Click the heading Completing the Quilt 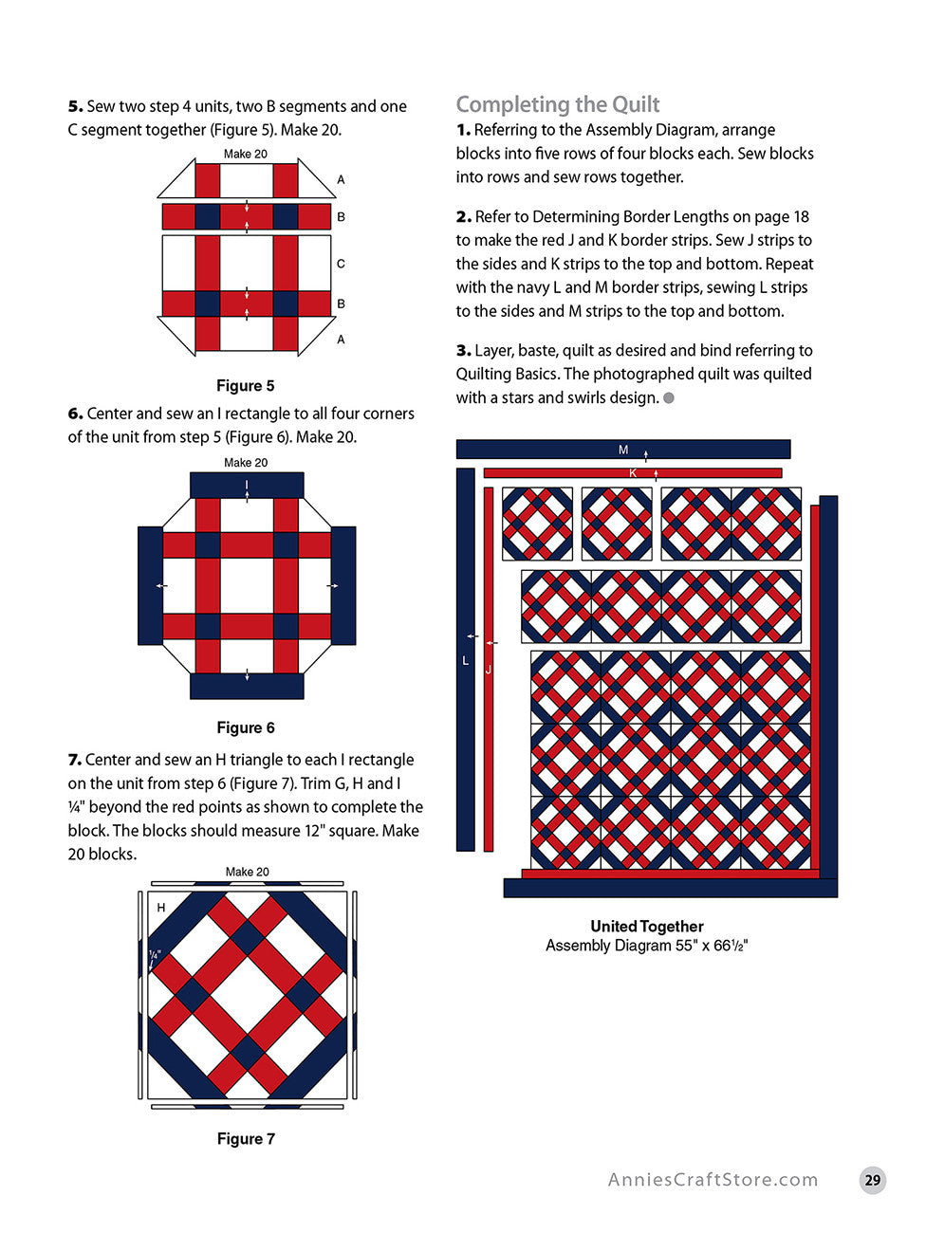pyautogui.click(x=557, y=104)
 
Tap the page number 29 pyautogui.click(x=872, y=1180)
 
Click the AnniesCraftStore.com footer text pyautogui.click(x=713, y=1180)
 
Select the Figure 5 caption pyautogui.click(x=245, y=386)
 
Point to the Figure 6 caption pyautogui.click(x=245, y=727)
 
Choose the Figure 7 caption pyautogui.click(x=246, y=1138)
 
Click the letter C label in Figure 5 pyautogui.click(x=341, y=264)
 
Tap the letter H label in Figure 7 pyautogui.click(x=161, y=908)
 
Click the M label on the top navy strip pyautogui.click(x=623, y=450)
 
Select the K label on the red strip pyautogui.click(x=633, y=472)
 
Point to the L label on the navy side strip pyautogui.click(x=465, y=660)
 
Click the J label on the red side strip pyautogui.click(x=489, y=670)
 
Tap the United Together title pyautogui.click(x=646, y=926)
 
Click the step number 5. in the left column pyautogui.click(x=75, y=106)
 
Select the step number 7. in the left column pyautogui.click(x=75, y=760)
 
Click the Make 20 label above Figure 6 pyautogui.click(x=246, y=463)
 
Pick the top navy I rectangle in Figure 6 pyautogui.click(x=247, y=486)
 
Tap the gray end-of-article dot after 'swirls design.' pyautogui.click(x=669, y=398)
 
